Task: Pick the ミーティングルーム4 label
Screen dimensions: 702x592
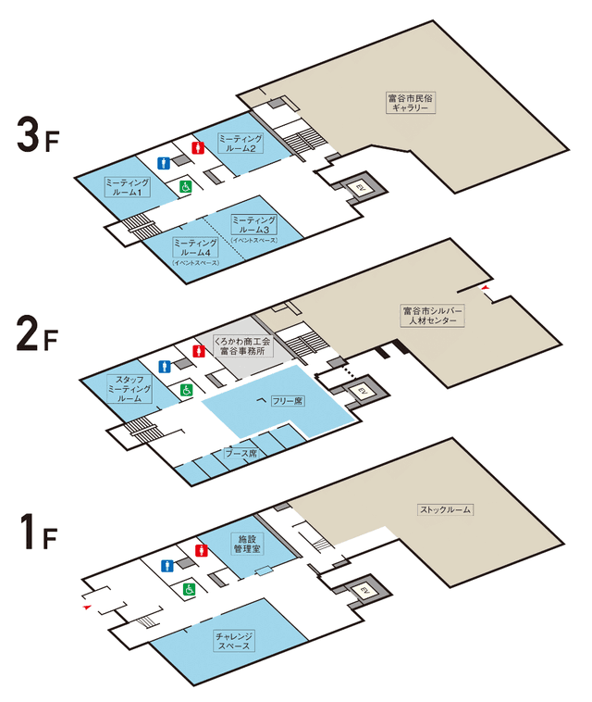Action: click(x=196, y=248)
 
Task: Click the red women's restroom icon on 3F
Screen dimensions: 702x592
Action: click(x=196, y=146)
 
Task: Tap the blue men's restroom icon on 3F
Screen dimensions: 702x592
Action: click(x=165, y=162)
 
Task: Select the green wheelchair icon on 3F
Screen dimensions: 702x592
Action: click(x=185, y=187)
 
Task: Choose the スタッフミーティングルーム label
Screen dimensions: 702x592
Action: click(x=129, y=386)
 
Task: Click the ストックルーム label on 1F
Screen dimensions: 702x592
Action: click(x=446, y=509)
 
